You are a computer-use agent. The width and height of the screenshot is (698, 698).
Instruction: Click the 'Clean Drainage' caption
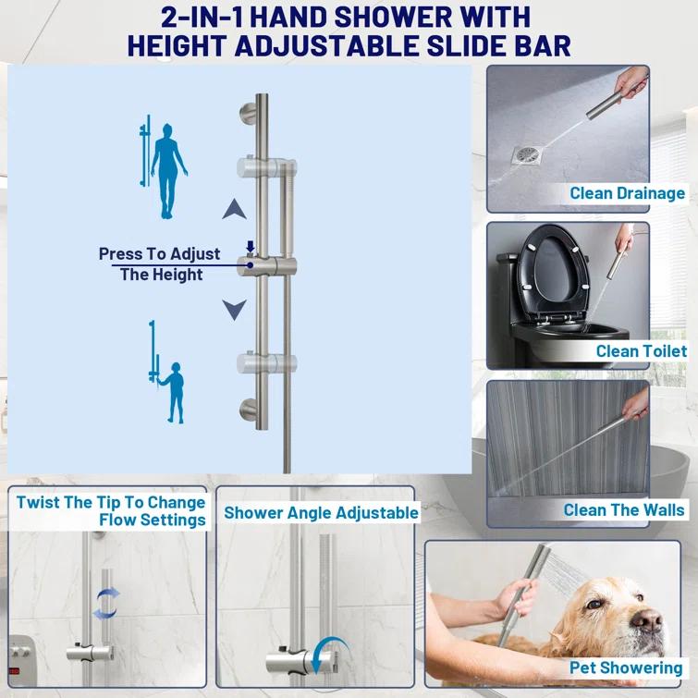click(627, 193)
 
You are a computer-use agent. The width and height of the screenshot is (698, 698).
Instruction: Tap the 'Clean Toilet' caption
click(641, 351)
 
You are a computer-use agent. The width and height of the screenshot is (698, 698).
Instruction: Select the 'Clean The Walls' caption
click(624, 510)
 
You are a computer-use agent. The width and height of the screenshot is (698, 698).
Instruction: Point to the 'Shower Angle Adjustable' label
click(321, 512)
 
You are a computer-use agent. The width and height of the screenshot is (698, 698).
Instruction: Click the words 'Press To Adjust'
click(160, 253)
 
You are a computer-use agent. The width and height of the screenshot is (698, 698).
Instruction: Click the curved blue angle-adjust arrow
click(324, 653)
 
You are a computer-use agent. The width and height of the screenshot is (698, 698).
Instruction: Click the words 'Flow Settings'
click(152, 520)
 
